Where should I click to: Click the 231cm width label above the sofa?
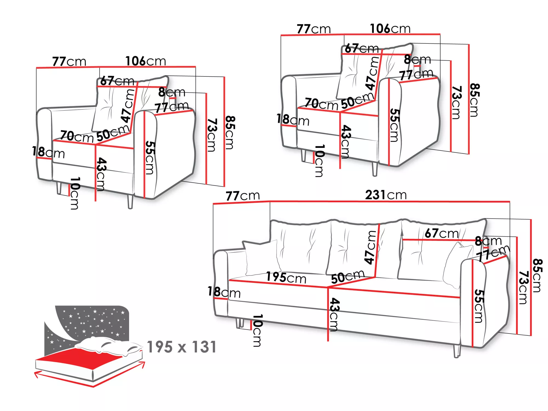(386, 195)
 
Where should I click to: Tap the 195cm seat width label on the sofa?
(286, 278)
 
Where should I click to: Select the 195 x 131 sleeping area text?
(182, 347)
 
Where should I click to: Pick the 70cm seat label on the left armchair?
(77, 136)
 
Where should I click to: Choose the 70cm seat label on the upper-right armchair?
(321, 104)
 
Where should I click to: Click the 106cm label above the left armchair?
(145, 61)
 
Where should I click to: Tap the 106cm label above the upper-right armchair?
(390, 28)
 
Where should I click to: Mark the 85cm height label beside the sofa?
(537, 275)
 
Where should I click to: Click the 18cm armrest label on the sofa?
(224, 292)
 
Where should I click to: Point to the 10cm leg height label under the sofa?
(257, 330)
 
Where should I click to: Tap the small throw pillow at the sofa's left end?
(262, 258)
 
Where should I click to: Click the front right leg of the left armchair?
(130, 201)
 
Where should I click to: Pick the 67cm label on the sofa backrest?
(442, 233)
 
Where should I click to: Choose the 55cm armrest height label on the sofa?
(479, 306)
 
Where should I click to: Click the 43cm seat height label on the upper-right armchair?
(346, 142)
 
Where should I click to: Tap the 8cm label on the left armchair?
(172, 92)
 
